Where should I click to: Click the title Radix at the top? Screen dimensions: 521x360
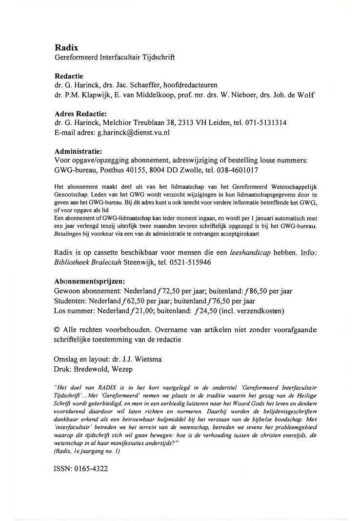(66, 48)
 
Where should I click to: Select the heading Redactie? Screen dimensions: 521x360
(69, 76)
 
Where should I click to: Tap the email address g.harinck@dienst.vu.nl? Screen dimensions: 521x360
(131, 132)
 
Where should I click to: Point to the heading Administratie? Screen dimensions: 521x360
(78, 151)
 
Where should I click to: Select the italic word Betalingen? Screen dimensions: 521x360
(67, 234)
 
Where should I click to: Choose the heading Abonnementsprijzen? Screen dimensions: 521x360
(90, 281)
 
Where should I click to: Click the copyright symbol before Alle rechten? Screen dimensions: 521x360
(58, 330)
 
